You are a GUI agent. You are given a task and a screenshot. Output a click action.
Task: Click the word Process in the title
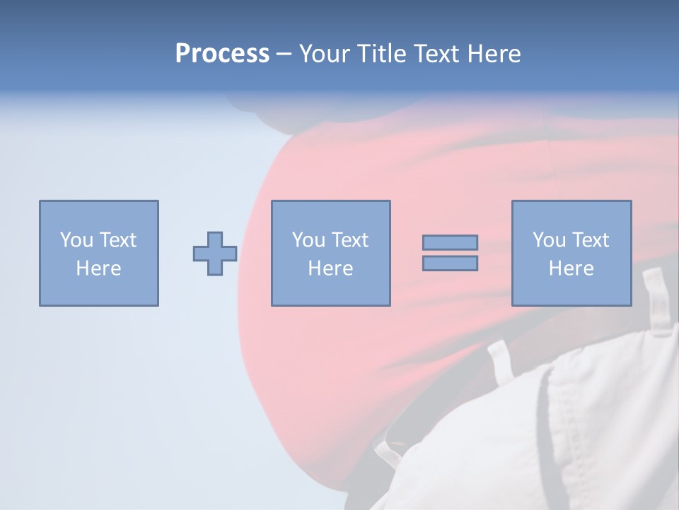(222, 54)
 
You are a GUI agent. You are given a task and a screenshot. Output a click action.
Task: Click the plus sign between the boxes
(215, 254)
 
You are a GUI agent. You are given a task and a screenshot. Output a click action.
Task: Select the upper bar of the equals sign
(450, 243)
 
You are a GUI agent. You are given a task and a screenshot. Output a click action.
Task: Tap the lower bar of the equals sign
(450, 263)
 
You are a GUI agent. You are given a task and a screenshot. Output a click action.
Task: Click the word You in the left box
(76, 240)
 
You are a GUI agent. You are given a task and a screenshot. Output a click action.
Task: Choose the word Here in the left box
(98, 268)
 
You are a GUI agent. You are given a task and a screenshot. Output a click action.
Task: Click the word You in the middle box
(308, 240)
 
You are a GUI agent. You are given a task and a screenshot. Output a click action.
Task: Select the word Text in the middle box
(349, 240)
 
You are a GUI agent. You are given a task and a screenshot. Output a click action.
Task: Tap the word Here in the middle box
(330, 268)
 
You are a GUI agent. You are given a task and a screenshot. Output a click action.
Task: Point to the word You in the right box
(549, 240)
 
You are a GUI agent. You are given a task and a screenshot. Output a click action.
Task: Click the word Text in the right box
(589, 240)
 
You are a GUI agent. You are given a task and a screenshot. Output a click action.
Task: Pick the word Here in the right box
(571, 268)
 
